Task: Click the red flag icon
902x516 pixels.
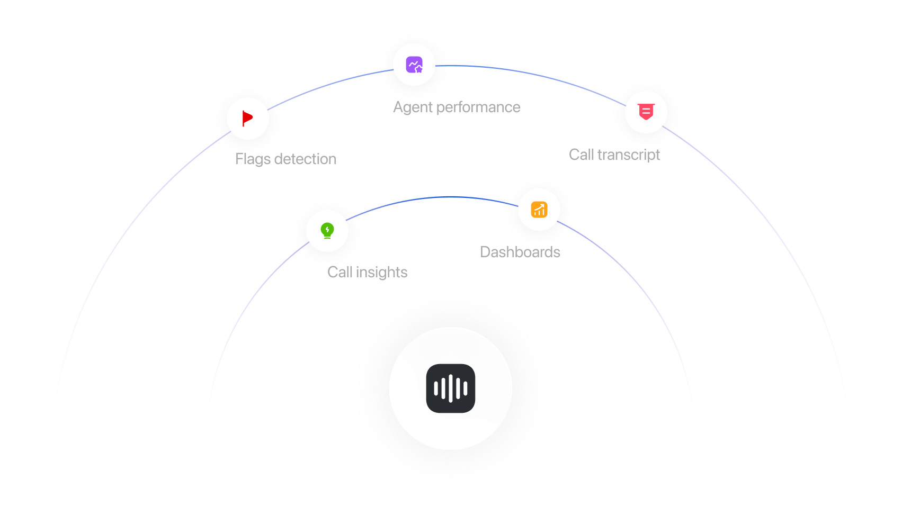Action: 247,118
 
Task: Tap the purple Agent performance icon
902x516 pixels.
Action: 414,65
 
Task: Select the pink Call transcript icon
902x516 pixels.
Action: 646,112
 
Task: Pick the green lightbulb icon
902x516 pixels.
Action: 327,230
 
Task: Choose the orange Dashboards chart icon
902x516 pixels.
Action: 539,210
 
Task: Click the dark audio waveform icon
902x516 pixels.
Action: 450,388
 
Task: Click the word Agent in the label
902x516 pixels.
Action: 413,107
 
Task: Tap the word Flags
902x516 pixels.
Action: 254,159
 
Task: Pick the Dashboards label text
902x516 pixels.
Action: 520,252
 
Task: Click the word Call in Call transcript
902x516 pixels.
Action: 581,155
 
